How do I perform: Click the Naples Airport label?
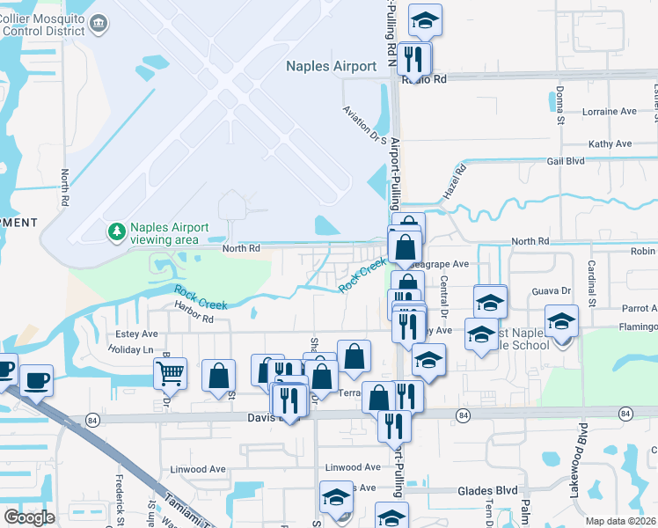click(x=332, y=66)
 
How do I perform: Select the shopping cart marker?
click(x=170, y=372)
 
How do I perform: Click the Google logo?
click(x=28, y=517)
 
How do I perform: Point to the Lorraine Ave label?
click(x=610, y=112)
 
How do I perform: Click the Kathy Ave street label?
click(x=610, y=143)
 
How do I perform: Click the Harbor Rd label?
click(x=194, y=318)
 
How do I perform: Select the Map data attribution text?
click(x=621, y=521)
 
